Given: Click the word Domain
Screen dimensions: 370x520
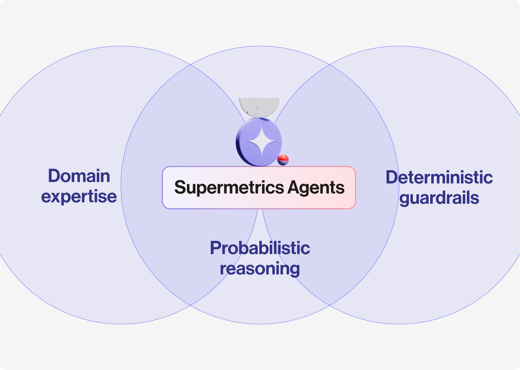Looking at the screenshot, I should pyautogui.click(x=79, y=176).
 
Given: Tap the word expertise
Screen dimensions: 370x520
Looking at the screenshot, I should pyautogui.click(x=79, y=197).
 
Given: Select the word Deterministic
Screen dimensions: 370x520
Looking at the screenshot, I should pyautogui.click(x=439, y=177).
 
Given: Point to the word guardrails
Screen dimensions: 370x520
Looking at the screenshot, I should pyautogui.click(x=439, y=198).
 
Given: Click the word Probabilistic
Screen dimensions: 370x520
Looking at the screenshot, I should pyautogui.click(x=260, y=248).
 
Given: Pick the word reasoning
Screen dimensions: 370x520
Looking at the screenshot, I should pyautogui.click(x=260, y=269).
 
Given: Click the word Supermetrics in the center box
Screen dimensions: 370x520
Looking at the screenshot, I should pyautogui.click(x=229, y=188).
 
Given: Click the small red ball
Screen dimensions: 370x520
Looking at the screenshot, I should pyautogui.click(x=283, y=160).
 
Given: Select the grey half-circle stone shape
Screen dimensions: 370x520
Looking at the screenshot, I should pyautogui.click(x=259, y=107).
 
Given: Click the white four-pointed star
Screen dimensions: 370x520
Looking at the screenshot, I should pyautogui.click(x=262, y=142).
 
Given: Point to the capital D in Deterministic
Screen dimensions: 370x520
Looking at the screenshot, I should pyautogui.click(x=392, y=177).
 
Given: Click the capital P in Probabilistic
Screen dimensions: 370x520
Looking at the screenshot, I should pyautogui.click(x=216, y=248).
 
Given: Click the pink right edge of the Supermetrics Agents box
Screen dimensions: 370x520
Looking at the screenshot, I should pyautogui.click(x=355, y=188).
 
